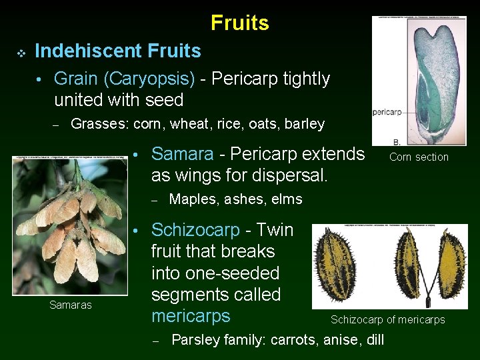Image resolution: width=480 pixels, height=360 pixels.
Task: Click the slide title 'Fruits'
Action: [x=239, y=23]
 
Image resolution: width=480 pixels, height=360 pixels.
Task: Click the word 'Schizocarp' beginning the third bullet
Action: [x=195, y=230]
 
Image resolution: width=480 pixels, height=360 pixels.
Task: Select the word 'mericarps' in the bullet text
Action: [x=191, y=315]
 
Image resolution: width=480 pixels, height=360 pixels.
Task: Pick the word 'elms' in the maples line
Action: [x=288, y=199]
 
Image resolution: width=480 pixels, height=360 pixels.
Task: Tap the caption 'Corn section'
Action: [x=419, y=157]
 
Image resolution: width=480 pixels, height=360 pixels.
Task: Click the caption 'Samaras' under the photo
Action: [x=70, y=305]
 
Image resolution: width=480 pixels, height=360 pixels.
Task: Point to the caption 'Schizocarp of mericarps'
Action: [x=387, y=320]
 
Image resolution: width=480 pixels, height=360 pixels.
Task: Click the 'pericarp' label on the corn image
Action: [x=386, y=112]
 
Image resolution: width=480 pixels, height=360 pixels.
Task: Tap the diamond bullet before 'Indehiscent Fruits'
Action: [x=21, y=52]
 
